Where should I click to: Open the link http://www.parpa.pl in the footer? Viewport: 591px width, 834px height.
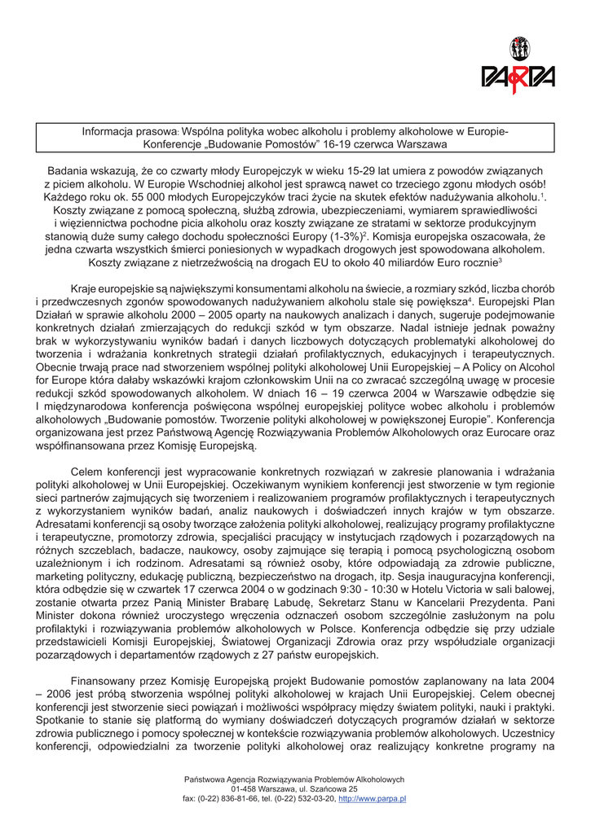click(x=372, y=799)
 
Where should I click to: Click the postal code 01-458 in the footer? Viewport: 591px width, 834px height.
click(x=246, y=789)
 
